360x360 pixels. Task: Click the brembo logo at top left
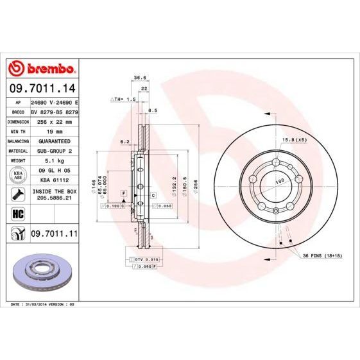tap(41, 69)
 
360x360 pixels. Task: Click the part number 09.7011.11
tap(54, 236)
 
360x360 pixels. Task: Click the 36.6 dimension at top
tap(138, 77)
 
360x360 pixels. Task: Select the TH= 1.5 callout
tap(123, 99)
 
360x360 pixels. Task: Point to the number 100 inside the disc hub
tap(279, 182)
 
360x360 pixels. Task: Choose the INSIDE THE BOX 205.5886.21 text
tap(54, 195)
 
